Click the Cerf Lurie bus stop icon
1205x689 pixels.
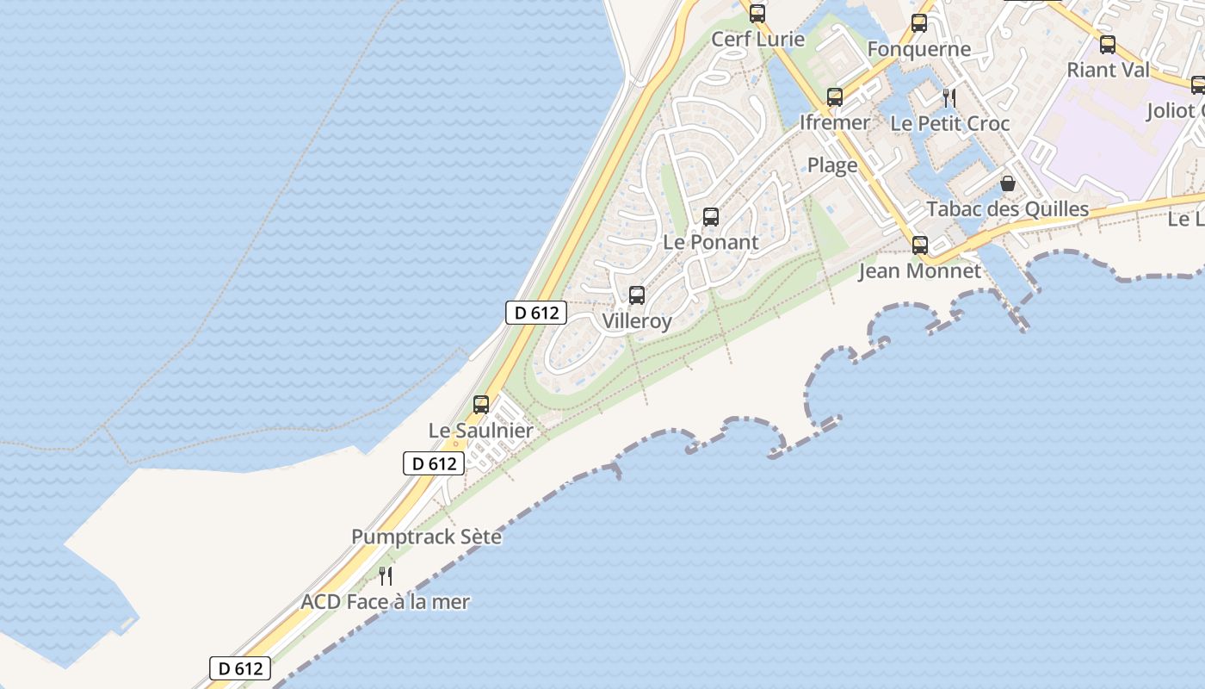tap(757, 14)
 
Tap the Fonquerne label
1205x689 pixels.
tap(919, 49)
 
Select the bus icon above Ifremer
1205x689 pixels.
tap(834, 97)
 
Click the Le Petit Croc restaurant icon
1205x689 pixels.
tap(949, 98)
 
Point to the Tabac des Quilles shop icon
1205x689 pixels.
tap(1008, 183)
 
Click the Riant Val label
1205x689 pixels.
tap(1108, 70)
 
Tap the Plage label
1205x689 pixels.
tap(832, 165)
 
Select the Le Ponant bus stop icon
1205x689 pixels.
tap(711, 217)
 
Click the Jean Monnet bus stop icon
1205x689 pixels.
tap(920, 245)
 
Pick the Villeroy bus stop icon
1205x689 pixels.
tap(637, 295)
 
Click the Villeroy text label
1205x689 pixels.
tap(637, 321)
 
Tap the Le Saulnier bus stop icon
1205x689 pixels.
tap(481, 405)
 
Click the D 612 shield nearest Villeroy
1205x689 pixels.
tap(535, 313)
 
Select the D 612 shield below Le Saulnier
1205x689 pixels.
tap(434, 463)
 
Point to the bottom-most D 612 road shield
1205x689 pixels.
tap(240, 668)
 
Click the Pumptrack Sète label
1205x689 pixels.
tap(426, 537)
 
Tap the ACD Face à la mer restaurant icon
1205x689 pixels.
tap(386, 576)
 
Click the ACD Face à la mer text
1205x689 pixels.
tap(385, 602)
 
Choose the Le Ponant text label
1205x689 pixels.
tap(711, 242)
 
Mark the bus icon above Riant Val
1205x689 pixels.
tap(1108, 45)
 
